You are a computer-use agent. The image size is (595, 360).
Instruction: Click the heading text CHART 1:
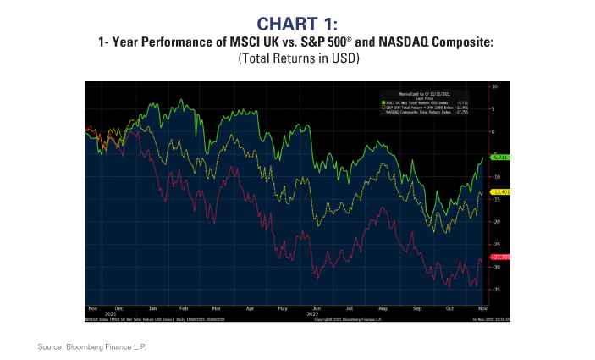[297, 22]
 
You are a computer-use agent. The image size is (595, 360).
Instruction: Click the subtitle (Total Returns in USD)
[297, 58]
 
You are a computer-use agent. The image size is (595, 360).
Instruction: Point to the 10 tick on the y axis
[495, 86]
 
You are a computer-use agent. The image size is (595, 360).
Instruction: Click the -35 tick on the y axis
[495, 290]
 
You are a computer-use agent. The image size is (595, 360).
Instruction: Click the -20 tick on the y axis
[495, 222]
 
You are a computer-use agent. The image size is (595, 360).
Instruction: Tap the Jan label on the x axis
[152, 309]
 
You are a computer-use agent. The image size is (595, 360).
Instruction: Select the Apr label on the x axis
[251, 309]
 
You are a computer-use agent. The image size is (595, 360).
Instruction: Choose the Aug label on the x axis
[383, 309]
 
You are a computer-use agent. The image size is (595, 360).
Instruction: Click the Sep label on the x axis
[416, 309]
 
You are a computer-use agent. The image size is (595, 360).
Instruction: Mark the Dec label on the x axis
[118, 309]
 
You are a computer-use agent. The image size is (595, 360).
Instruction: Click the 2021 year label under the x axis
[107, 314]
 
